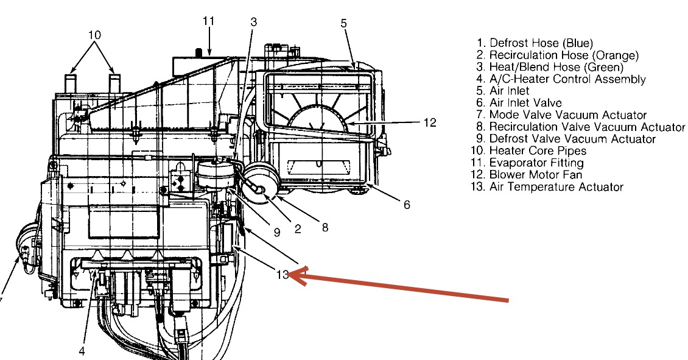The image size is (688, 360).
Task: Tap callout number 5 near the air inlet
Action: (343, 23)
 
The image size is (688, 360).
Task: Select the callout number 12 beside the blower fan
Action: (430, 122)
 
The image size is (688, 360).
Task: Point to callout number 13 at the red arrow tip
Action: (281, 274)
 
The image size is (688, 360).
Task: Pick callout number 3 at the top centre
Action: (253, 22)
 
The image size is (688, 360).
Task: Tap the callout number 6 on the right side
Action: (407, 205)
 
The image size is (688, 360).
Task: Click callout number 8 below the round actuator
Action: (325, 227)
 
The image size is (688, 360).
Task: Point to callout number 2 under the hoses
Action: (298, 229)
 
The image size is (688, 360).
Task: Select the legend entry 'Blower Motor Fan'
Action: (535, 175)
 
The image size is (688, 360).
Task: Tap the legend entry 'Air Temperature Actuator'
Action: (555, 187)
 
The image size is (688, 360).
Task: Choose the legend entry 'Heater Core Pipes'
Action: (538, 150)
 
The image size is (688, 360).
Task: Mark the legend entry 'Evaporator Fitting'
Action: (536, 163)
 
